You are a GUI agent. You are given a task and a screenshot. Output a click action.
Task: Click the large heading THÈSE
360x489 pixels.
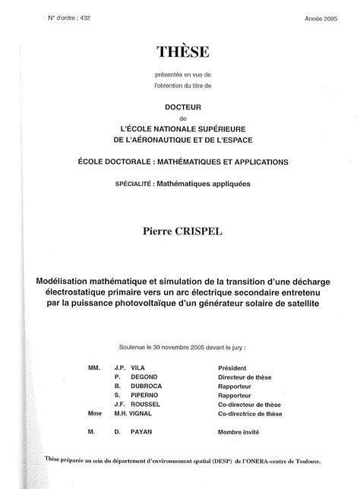179,51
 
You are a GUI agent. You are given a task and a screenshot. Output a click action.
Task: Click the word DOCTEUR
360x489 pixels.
178,108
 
